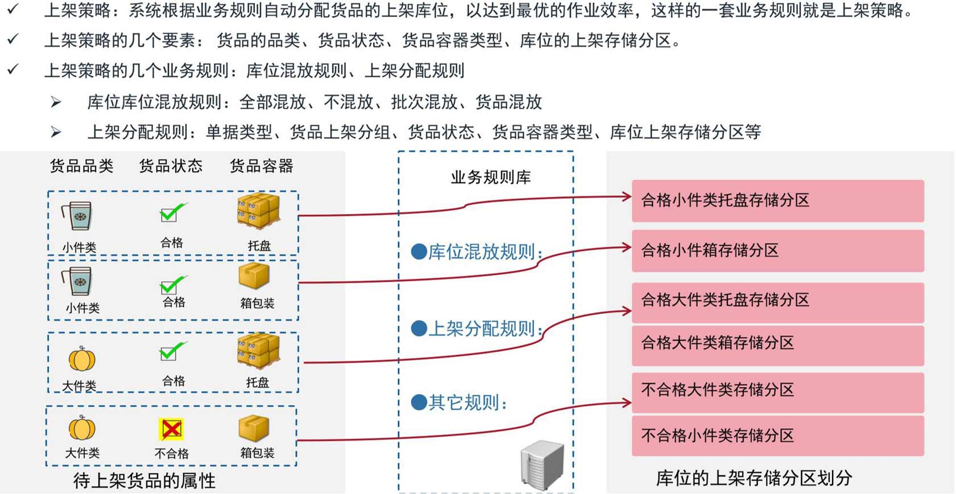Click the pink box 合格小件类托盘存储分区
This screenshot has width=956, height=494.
[x=777, y=200]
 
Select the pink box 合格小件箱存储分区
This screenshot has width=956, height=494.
[x=777, y=250]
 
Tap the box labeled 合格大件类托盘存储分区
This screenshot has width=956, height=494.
[x=777, y=300]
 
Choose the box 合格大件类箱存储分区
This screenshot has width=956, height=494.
[x=777, y=344]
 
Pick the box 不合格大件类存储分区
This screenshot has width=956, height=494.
[x=777, y=391]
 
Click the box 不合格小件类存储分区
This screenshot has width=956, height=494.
[x=777, y=436]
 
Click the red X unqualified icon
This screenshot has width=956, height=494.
[x=171, y=429]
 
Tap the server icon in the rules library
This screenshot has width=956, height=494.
[x=542, y=464]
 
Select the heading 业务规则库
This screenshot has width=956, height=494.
[x=490, y=178]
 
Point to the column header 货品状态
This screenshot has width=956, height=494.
[x=171, y=166]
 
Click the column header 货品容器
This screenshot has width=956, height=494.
[x=261, y=166]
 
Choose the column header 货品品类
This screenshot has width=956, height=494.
[x=81, y=166]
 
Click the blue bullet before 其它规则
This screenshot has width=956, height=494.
[x=419, y=402]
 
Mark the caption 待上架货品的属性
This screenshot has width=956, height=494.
[x=144, y=481]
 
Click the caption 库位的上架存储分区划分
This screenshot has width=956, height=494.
[x=754, y=478]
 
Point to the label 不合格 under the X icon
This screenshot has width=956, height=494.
[x=171, y=454]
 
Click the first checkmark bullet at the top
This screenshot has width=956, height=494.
[x=13, y=9]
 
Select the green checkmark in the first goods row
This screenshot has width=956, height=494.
[x=172, y=212]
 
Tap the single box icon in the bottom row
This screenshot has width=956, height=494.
[x=254, y=428]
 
